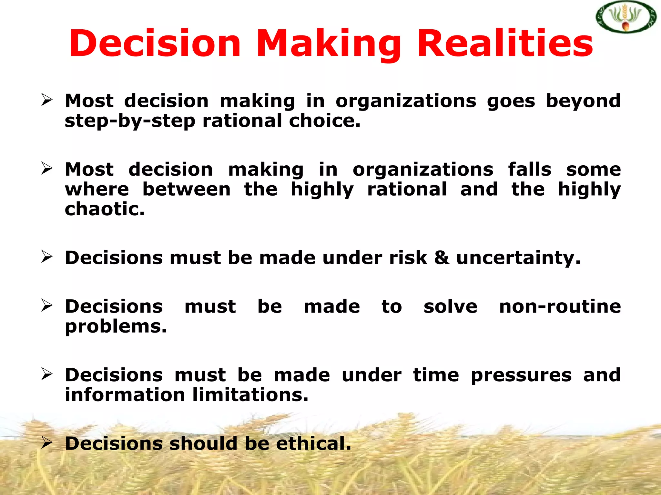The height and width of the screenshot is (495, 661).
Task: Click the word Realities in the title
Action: (505, 44)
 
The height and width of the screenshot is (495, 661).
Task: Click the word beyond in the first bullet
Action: (583, 101)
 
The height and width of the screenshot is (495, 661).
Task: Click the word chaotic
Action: (105, 209)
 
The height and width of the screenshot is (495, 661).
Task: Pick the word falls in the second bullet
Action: (530, 170)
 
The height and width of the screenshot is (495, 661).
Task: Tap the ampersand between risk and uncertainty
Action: (442, 258)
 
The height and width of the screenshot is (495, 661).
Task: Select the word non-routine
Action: (560, 306)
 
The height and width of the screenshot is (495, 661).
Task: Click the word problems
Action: (116, 327)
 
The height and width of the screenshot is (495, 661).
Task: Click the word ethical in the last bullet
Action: (313, 443)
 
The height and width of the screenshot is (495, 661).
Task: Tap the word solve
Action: (450, 306)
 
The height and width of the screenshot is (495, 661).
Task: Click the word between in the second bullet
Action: (187, 189)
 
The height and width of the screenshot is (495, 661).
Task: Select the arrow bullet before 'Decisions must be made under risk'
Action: (47, 257)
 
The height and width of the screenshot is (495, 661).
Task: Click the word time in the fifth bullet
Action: (436, 375)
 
